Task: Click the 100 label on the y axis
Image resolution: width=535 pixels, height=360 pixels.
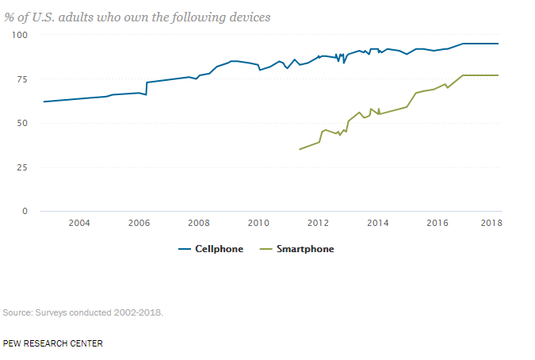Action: pyautogui.click(x=20, y=35)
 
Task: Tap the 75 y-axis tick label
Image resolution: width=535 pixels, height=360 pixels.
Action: pyautogui.click(x=23, y=79)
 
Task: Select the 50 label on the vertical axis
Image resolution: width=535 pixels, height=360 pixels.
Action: pyautogui.click(x=23, y=123)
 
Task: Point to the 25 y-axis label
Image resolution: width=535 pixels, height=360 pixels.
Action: pyautogui.click(x=23, y=167)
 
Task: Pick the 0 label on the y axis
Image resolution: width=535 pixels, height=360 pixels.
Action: pyautogui.click(x=25, y=211)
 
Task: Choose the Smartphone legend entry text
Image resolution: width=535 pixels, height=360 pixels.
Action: pyautogui.click(x=305, y=249)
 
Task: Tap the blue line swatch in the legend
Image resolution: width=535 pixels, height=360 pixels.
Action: pyautogui.click(x=186, y=249)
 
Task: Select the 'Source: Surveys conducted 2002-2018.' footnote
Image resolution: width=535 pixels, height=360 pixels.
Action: pyautogui.click(x=83, y=312)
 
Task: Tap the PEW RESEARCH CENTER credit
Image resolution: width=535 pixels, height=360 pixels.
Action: pyautogui.click(x=52, y=343)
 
